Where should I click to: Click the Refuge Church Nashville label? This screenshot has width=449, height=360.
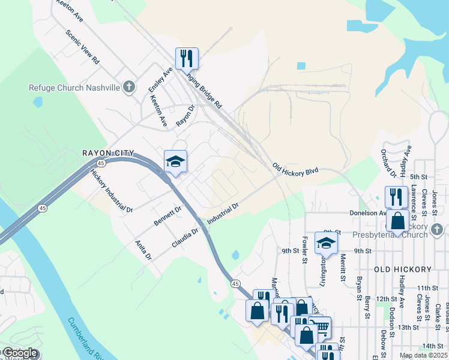point(74,88)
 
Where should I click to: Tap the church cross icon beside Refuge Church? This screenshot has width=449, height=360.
point(128,88)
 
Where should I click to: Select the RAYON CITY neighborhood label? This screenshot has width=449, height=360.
point(108,153)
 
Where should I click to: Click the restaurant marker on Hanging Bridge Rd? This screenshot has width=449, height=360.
point(187,59)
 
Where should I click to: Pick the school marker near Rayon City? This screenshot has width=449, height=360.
point(175,161)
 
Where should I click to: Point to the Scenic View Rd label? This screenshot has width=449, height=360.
point(82,48)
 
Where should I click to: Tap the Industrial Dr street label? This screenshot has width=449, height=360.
point(223,214)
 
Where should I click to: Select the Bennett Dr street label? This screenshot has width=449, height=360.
point(167,216)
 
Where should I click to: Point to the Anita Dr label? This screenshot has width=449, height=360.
point(143,250)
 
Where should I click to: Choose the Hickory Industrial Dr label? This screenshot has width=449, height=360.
point(111,191)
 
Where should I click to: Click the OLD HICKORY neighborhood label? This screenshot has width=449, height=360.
point(403,269)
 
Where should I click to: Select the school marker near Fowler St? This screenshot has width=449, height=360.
point(326,242)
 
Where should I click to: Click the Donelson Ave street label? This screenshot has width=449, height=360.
point(368,213)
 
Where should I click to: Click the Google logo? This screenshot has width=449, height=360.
point(20,353)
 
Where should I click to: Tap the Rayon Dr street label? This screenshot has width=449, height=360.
point(185,116)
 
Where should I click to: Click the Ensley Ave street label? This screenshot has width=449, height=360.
point(161,80)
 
